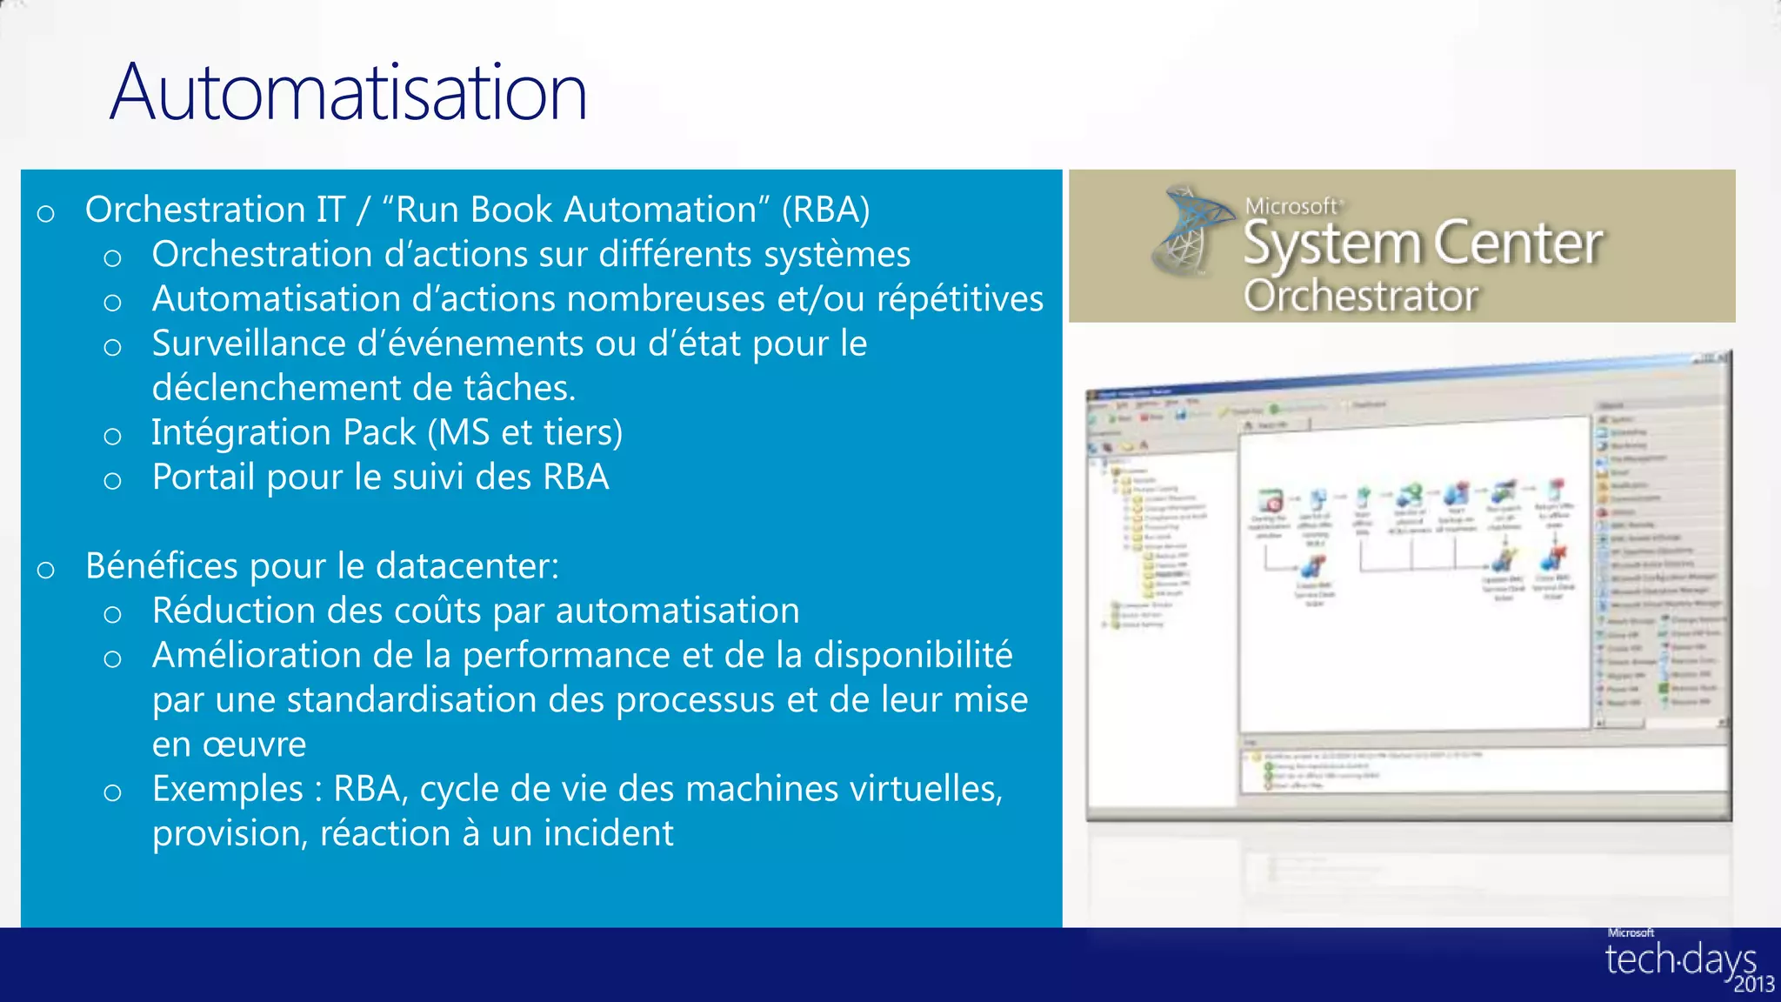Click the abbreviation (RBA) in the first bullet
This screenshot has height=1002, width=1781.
pos(825,210)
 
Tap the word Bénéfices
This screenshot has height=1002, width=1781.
pos(162,566)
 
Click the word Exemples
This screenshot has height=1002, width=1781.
pos(228,789)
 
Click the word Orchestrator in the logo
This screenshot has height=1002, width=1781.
pos(1360,296)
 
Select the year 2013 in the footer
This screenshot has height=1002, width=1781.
pos(1753,985)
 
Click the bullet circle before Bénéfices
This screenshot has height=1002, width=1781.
pos(46,570)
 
